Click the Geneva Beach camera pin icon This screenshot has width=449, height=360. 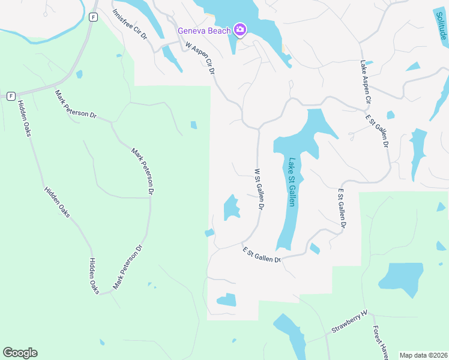(x=240, y=29)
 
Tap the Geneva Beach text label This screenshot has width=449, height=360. (x=204, y=31)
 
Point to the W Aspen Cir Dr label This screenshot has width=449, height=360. (x=200, y=58)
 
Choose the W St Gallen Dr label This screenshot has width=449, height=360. (x=259, y=188)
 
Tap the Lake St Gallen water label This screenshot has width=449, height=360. (x=292, y=182)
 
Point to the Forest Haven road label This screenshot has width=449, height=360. (x=379, y=343)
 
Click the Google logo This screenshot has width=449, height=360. (x=20, y=353)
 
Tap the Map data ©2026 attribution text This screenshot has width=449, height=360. (x=423, y=355)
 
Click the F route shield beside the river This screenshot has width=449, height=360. (x=92, y=17)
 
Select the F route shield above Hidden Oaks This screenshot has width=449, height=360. (x=11, y=96)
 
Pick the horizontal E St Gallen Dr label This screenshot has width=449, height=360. (x=262, y=255)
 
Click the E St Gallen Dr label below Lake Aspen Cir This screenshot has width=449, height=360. (x=378, y=130)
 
